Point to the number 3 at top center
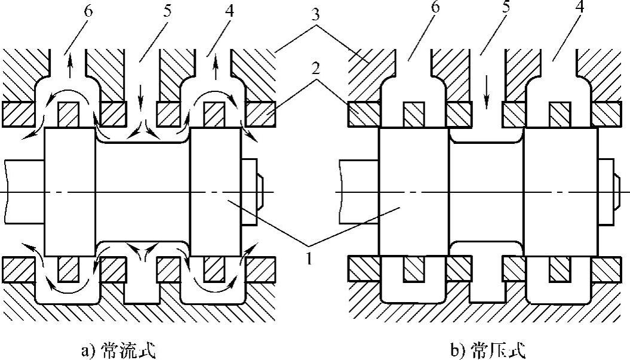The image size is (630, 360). (316, 13)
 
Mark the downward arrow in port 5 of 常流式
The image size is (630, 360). (141, 93)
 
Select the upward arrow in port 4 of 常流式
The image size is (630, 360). (216, 67)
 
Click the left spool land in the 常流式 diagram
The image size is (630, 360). (69, 192)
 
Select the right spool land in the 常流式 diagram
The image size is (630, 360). (215, 192)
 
